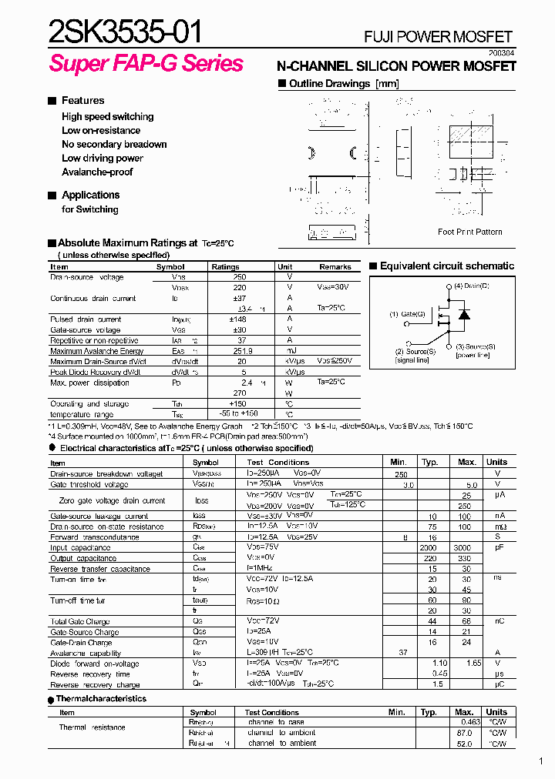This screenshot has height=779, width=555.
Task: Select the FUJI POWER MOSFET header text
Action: [x=437, y=36]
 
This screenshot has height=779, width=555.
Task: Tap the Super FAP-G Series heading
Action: [x=146, y=63]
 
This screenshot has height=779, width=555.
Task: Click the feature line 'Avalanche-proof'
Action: [x=97, y=172]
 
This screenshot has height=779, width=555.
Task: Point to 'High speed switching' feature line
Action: [x=107, y=117]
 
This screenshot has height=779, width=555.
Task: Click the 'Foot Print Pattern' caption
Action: [x=469, y=232]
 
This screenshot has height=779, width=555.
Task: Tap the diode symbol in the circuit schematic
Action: [x=463, y=314]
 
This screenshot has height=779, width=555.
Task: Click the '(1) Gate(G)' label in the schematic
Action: [x=407, y=314]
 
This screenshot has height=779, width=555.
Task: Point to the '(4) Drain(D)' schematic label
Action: [x=471, y=286]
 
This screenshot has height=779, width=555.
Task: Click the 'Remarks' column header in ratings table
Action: [x=335, y=267]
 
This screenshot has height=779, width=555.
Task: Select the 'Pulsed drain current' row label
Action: [x=86, y=319]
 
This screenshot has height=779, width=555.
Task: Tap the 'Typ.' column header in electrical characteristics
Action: [x=429, y=462]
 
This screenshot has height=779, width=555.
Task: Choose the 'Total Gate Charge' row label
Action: [x=80, y=620]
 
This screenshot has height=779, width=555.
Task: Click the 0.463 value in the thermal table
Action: [x=469, y=722]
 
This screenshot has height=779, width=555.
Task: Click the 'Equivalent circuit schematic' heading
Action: [x=446, y=266]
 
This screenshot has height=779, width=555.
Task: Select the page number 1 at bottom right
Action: [x=541, y=762]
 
